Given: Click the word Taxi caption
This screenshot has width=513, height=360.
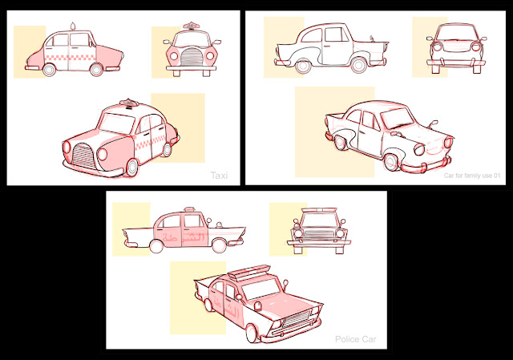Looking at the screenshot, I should [220, 175].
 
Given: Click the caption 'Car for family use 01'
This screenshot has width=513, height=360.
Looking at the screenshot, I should [473, 176].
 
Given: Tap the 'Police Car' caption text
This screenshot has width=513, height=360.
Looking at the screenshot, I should [357, 340].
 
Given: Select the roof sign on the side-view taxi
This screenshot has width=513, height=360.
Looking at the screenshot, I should [73, 27].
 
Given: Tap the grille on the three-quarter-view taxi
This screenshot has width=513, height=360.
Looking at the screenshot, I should [83, 154].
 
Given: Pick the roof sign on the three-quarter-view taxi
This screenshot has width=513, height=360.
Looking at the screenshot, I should [128, 103].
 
